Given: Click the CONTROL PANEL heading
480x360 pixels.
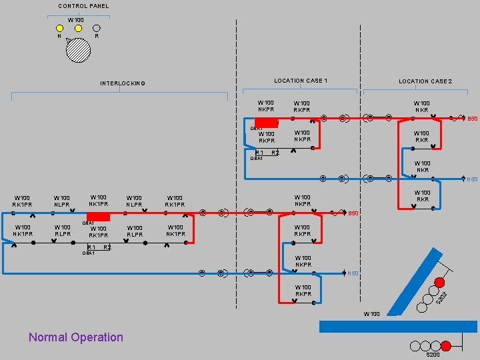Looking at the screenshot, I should click(x=83, y=6).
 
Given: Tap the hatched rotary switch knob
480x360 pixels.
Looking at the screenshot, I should click(x=78, y=50).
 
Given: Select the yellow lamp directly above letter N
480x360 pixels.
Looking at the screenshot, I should click(x=59, y=28).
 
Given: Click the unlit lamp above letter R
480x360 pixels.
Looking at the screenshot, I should click(x=96, y=28).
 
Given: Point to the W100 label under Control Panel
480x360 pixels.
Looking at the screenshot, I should click(x=76, y=20).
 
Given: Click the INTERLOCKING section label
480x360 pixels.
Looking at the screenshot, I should click(x=123, y=83).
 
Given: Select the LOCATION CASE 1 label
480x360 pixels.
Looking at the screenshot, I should click(x=301, y=81).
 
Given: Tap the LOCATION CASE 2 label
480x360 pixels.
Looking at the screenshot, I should click(x=425, y=81).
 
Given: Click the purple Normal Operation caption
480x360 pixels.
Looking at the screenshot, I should click(x=76, y=337).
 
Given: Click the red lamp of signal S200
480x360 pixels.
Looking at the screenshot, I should click(x=446, y=345).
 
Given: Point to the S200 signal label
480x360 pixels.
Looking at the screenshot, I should click(x=433, y=355).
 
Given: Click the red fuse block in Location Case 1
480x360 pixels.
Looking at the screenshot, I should click(x=266, y=122).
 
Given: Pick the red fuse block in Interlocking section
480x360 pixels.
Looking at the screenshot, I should click(x=98, y=217).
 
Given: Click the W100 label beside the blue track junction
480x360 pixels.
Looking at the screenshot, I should click(x=371, y=313).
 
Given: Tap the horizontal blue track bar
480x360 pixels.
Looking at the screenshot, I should click(x=398, y=326).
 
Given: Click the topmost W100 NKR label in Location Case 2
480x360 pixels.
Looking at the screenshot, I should click(x=421, y=107).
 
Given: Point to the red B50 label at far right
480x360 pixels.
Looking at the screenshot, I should click(x=472, y=119).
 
